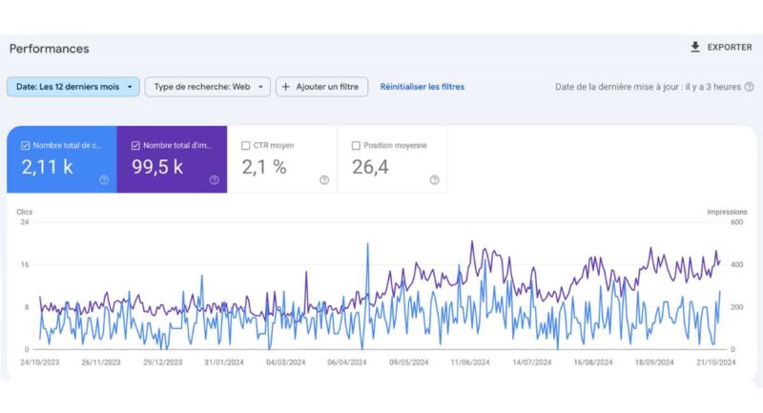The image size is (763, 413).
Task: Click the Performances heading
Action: (x=49, y=49)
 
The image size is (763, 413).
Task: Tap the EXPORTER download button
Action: (x=721, y=48)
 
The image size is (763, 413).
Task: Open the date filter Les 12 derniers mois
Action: (x=73, y=87)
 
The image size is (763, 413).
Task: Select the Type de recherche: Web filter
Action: (x=207, y=87)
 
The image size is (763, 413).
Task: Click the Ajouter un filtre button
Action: (x=322, y=87)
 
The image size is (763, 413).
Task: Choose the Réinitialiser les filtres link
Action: (x=423, y=87)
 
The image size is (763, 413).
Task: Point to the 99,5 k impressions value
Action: (x=156, y=168)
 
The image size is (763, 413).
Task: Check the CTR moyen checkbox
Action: (x=246, y=146)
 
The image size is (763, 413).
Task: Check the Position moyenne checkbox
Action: (x=357, y=146)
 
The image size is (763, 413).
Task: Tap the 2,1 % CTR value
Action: (x=264, y=168)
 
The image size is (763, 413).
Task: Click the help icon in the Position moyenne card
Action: (x=434, y=179)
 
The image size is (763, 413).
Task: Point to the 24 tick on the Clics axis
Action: (x=26, y=222)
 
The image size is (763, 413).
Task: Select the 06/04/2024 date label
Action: (x=346, y=362)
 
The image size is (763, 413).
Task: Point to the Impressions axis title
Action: (x=727, y=211)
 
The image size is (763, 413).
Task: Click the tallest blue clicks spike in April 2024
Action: (x=367, y=245)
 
